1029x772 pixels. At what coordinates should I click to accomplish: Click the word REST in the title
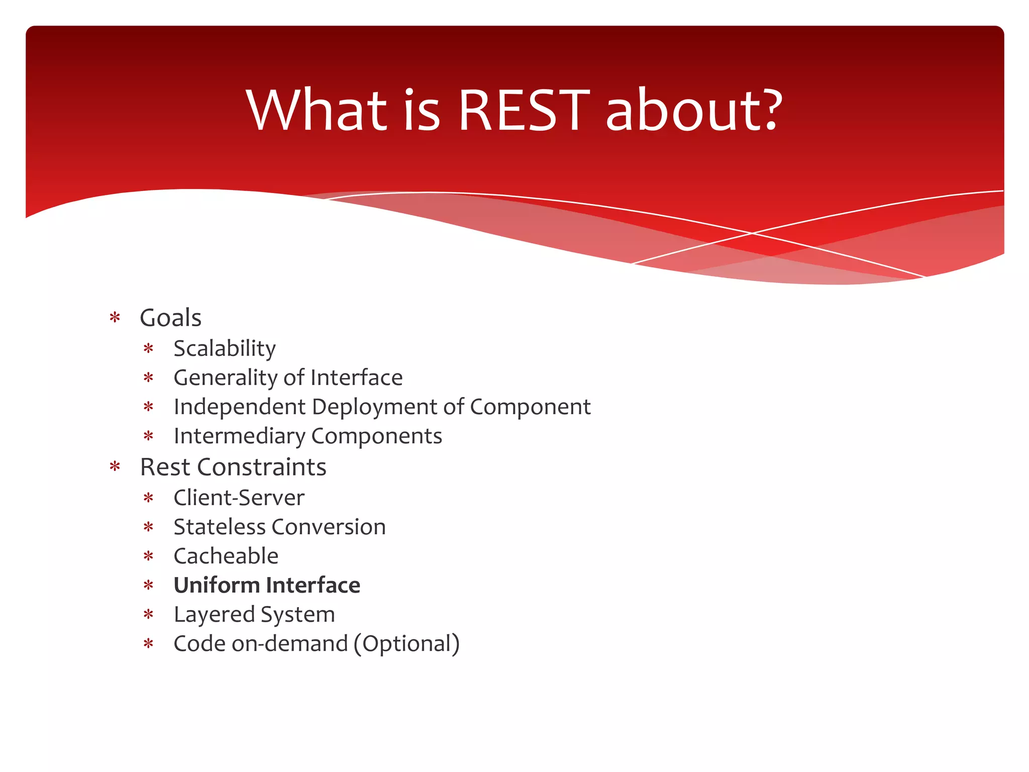523,111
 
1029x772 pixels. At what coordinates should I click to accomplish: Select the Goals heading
171,318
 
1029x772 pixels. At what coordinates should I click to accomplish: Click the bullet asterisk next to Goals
115,318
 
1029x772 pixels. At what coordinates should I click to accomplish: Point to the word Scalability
225,349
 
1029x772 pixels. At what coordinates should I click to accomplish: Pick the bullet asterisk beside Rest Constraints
115,467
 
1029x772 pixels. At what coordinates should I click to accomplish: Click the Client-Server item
239,498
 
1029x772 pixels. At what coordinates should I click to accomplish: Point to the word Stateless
219,527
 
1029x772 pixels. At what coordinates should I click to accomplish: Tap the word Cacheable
226,556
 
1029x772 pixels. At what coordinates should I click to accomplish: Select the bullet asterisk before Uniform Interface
148,586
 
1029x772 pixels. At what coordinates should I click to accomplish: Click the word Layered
214,614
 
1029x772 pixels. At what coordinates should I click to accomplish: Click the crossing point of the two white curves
752,233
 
